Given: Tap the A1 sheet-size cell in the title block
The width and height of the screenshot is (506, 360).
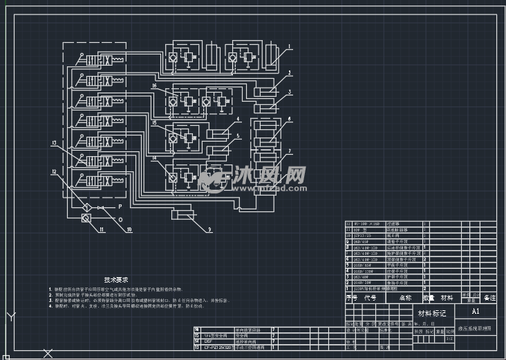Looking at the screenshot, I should tap(475, 312).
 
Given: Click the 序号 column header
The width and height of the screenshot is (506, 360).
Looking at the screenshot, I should tap(352, 298).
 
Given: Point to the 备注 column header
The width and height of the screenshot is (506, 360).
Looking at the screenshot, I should tap(489, 298).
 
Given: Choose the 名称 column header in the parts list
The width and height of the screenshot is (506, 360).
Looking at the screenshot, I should tap(404, 298).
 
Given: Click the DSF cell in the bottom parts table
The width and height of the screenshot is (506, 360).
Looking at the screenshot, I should tap(207, 341).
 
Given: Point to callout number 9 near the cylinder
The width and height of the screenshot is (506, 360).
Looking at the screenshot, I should tap(209, 229).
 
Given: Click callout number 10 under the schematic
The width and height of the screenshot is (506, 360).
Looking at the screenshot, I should tap(129, 230).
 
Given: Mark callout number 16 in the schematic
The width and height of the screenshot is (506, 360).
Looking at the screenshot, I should tap(155, 86).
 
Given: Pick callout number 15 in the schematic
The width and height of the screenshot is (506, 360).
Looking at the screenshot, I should tap(155, 122).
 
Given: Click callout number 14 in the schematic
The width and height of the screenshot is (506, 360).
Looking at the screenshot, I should tap(155, 159).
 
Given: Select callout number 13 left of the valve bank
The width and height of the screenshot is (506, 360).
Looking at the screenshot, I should tap(53, 143).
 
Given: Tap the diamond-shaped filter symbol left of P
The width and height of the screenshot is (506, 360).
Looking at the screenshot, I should tap(86, 206).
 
